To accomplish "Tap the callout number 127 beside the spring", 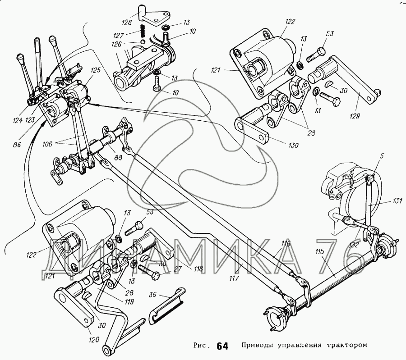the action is pyautogui.click(x=119, y=35).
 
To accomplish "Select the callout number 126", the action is pyautogui.click(x=116, y=44).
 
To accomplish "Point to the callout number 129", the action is pyautogui.click(x=355, y=116).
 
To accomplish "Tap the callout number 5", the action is pyautogui.click(x=382, y=156).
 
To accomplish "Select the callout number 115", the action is pyautogui.click(x=321, y=251).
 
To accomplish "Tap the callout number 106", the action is pyautogui.click(x=48, y=144).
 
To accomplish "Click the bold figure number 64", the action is pyautogui.click(x=222, y=346).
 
